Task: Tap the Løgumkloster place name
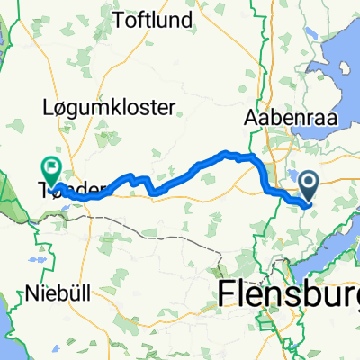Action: [109, 107]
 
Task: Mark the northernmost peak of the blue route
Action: [225, 154]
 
